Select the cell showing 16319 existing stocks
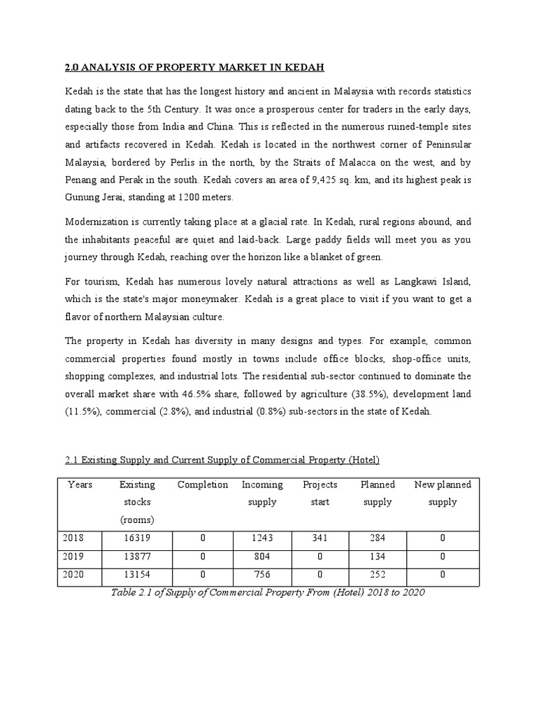click(x=137, y=538)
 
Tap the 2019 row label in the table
click(x=73, y=557)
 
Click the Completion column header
click(x=203, y=485)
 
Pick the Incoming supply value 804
click(x=262, y=557)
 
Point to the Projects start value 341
click(x=320, y=538)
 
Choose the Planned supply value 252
click(x=378, y=575)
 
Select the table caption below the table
click(x=268, y=592)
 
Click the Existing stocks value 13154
click(x=137, y=575)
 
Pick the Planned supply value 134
click(x=378, y=557)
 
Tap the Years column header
click(x=80, y=485)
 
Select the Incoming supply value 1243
click(x=262, y=538)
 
